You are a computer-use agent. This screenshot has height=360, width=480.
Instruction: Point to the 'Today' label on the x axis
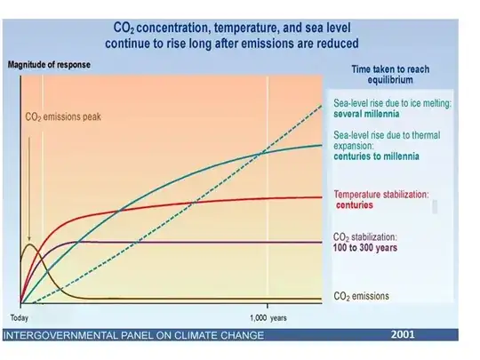[x=20, y=316]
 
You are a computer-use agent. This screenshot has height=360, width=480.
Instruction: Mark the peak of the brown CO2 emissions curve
[x=30, y=241]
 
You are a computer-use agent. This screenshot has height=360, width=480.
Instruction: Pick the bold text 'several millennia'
[x=364, y=114]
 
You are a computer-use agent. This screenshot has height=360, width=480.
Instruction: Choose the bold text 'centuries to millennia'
[x=377, y=156]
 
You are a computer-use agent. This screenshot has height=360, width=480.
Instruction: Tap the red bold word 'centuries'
[x=355, y=205]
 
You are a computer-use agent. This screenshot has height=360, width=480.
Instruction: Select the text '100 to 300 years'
[x=364, y=247]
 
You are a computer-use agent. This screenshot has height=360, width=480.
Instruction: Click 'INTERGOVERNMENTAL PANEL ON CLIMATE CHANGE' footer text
[x=134, y=335]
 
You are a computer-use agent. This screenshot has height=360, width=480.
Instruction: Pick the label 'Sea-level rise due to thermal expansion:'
[x=381, y=140]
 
